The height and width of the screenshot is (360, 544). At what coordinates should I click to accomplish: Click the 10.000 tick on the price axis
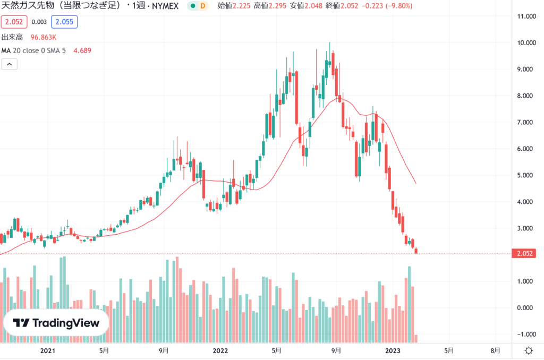tap(526, 42)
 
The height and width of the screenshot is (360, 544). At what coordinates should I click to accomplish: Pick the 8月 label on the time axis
tap(495, 351)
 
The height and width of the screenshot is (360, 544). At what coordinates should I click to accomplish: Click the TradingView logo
tap(56, 323)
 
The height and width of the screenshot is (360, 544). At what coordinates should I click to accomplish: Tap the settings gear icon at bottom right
tap(529, 351)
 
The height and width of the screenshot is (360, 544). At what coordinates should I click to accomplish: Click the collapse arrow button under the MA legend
tap(10, 64)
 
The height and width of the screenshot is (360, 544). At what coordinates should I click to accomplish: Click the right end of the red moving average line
tap(415, 183)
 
